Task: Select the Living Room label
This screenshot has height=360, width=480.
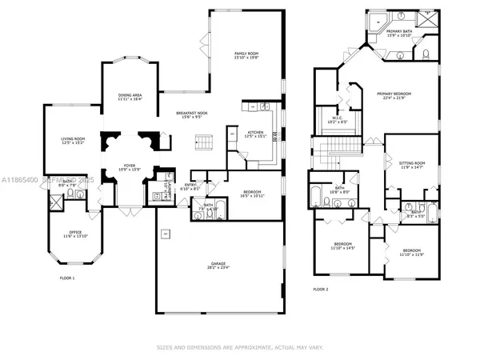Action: tap(73, 140)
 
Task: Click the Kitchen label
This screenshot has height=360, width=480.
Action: tap(254, 134)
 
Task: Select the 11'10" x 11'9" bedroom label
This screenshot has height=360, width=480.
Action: tap(411, 252)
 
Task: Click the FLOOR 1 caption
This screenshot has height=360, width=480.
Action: tap(68, 278)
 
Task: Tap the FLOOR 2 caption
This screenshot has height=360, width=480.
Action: tap(320, 290)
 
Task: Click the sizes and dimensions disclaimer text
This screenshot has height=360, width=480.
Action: tap(240, 347)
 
